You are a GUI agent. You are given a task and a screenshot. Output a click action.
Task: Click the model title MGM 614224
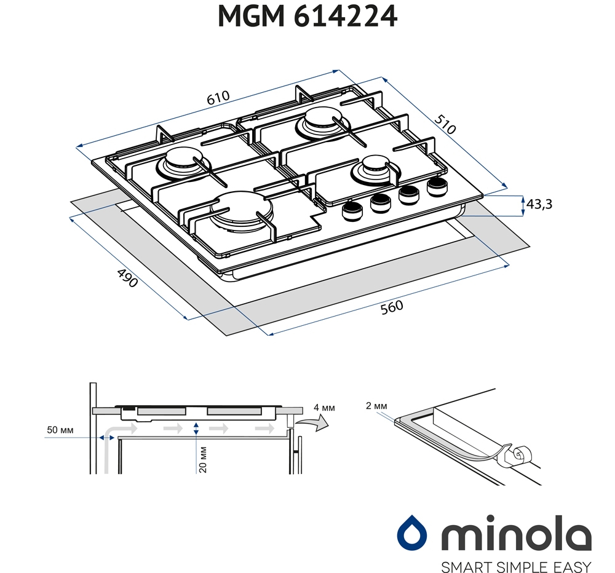click(x=307, y=17)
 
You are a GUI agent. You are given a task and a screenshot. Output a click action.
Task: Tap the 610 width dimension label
click(x=218, y=98)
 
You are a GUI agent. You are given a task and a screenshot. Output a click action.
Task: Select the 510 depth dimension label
click(x=445, y=124)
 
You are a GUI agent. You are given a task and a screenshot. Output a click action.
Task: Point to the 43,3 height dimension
click(x=539, y=204)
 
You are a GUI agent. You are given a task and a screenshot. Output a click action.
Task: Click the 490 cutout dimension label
click(x=127, y=278)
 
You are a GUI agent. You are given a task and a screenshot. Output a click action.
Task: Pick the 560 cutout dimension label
click(x=391, y=307)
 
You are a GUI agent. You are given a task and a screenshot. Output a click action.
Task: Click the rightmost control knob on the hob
click(x=437, y=186)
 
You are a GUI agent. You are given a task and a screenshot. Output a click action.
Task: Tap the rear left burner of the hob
click(x=183, y=164)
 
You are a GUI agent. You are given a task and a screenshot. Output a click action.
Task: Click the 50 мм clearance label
click(x=60, y=430)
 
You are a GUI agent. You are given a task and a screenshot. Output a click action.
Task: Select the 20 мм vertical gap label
click(x=203, y=459)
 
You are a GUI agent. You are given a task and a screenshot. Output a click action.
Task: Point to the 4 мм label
click(x=324, y=408)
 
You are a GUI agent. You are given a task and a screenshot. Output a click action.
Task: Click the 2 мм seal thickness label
click(x=376, y=406)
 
